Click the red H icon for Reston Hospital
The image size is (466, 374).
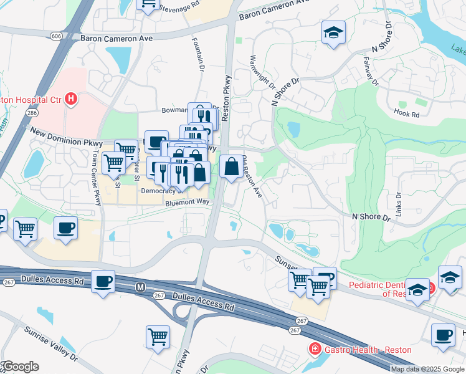(x=72, y=98)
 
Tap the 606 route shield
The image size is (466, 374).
(x=57, y=36)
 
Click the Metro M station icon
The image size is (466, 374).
(x=140, y=287)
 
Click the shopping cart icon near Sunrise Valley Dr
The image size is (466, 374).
(x=158, y=337)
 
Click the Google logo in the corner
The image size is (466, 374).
(x=20, y=367)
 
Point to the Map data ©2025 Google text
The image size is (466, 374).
(x=427, y=369)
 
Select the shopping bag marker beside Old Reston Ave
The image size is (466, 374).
(x=231, y=166)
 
